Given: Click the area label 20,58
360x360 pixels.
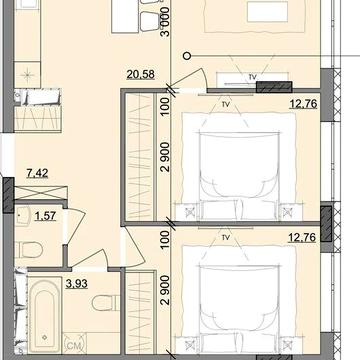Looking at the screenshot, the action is [140, 74].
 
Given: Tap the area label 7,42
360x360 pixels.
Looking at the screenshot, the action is [37, 173].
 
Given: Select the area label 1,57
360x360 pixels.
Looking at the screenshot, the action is [45, 216].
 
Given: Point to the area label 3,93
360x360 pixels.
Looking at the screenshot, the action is [76, 284].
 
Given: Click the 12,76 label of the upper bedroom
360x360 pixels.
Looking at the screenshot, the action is [303, 104].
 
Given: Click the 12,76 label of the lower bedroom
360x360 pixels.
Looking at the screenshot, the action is [302, 238].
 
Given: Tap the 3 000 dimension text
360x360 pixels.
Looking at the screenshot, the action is [165, 21].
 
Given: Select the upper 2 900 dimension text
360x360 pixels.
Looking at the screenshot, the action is [165, 157].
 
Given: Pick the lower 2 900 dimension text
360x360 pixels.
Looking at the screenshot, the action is [165, 290].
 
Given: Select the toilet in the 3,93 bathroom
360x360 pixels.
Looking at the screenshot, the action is [106, 303].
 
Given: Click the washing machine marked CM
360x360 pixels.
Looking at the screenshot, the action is [75, 343].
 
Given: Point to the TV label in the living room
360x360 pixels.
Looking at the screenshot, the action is [253, 77].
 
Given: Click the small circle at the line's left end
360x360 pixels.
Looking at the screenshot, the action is [188, 56].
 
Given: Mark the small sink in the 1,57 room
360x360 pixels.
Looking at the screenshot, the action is [23, 216].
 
